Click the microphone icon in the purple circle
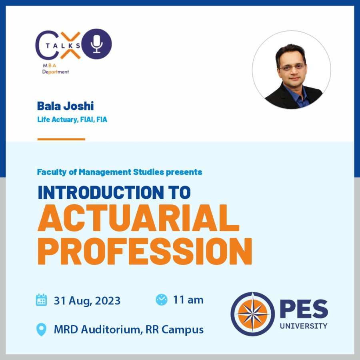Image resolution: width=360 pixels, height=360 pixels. point(97,44)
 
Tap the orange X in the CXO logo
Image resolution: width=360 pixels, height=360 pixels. point(70,45)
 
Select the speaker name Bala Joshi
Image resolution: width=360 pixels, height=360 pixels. point(66,106)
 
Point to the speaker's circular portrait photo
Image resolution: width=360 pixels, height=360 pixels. point(291,70)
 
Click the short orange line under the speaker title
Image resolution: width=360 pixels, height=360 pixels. point(61,139)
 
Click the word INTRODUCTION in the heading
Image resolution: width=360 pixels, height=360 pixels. point(101,192)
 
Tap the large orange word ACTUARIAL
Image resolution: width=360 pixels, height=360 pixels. point(138,218)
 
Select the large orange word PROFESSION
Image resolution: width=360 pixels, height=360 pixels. point(145,251)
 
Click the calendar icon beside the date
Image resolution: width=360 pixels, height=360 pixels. point(41,300)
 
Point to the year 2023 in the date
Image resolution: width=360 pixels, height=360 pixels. point(108,301)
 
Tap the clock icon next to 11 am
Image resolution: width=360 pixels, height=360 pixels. point(162,300)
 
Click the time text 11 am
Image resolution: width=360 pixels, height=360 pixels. point(188,300)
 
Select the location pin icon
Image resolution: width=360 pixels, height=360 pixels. point(41,330)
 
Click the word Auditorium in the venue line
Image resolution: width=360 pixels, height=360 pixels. point(110,330)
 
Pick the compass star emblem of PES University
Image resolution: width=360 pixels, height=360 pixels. point(252,314)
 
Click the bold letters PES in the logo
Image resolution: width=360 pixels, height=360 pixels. point(304,309)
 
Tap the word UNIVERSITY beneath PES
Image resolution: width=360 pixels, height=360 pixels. point(304,326)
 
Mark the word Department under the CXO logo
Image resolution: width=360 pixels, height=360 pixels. point(55,72)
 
